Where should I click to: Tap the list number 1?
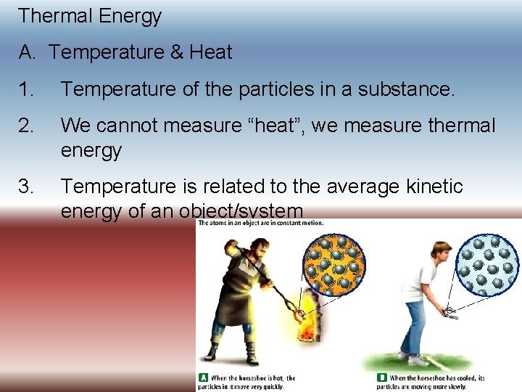[x=26, y=90]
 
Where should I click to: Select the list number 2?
[x=26, y=126]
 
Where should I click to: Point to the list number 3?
[x=26, y=187]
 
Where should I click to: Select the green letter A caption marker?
[x=203, y=378]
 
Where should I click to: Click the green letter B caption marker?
[x=382, y=378]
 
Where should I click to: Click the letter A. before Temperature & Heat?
[x=28, y=52]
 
